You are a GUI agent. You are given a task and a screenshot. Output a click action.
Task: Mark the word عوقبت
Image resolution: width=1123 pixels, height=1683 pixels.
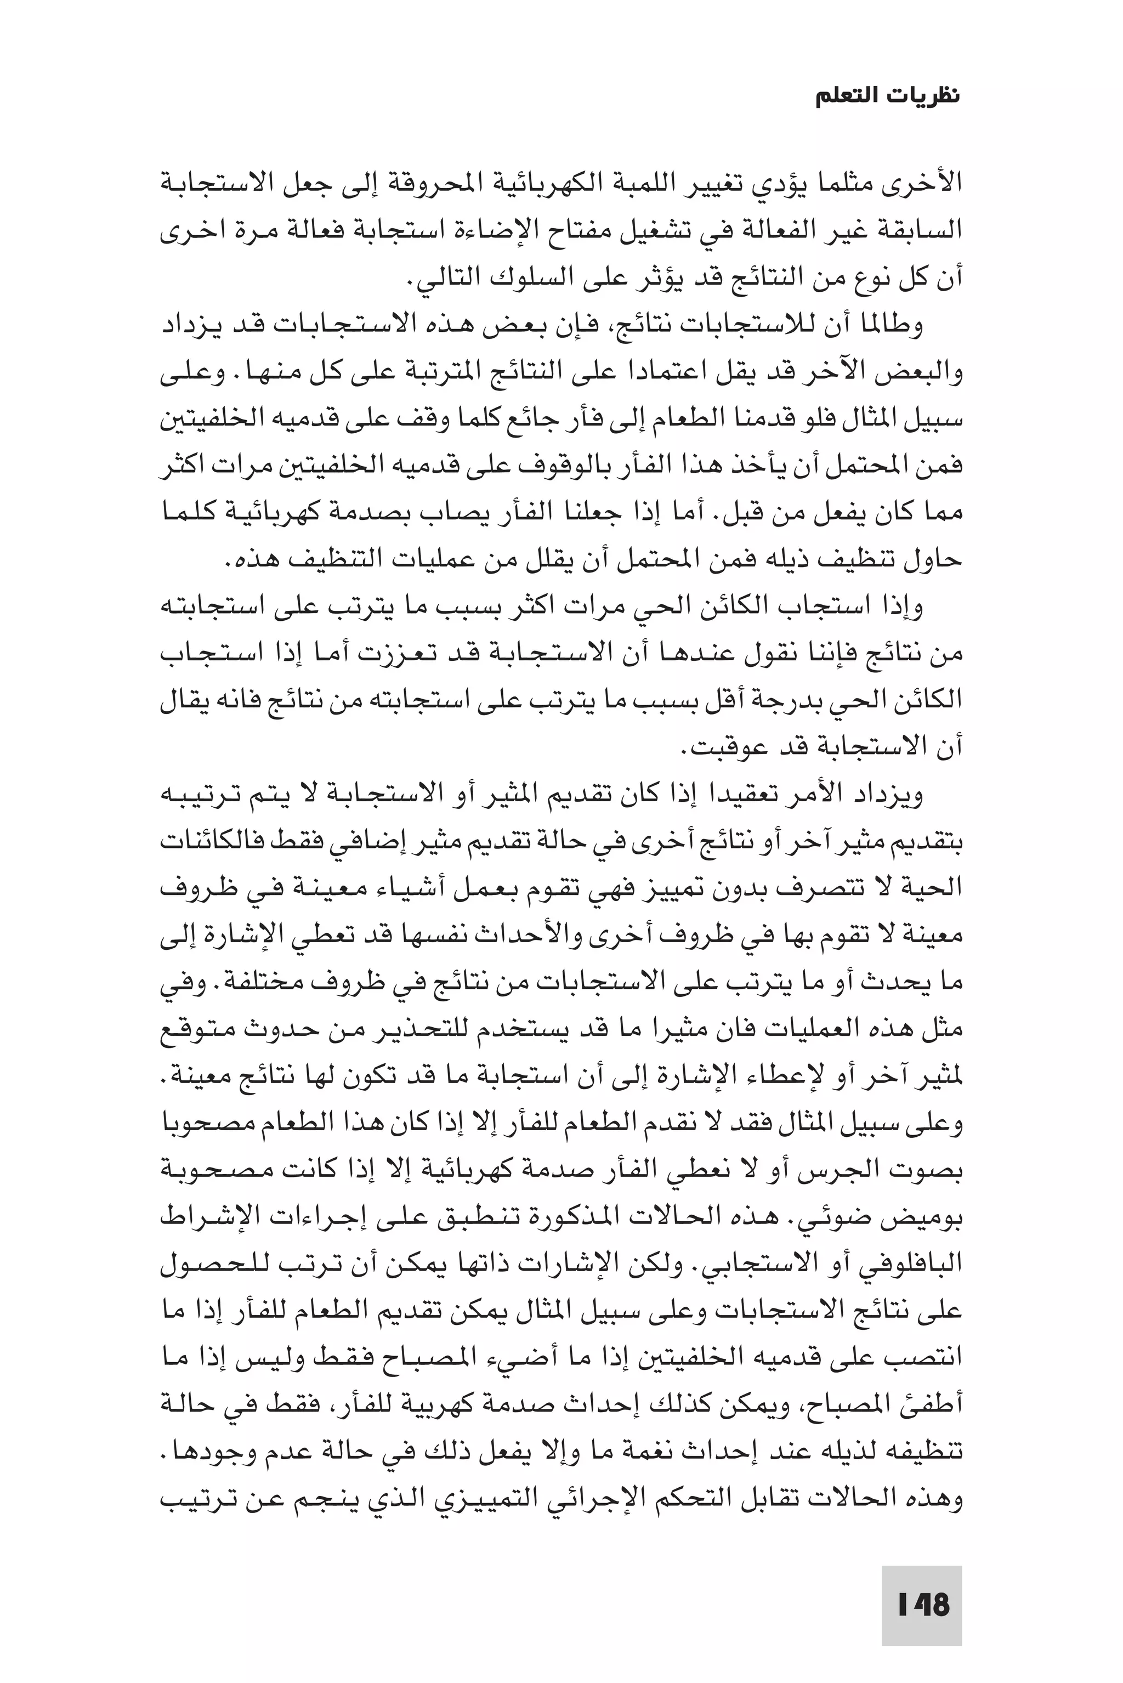point(723,749)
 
